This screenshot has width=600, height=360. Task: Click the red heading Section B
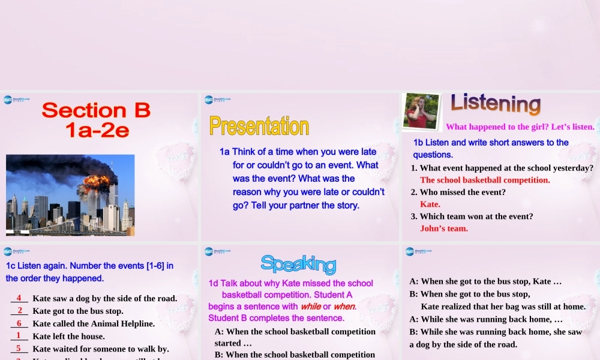(x=96, y=110)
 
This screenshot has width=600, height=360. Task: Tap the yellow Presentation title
(x=259, y=126)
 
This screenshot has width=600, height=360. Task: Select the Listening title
(x=496, y=103)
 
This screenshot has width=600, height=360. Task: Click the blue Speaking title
(x=298, y=263)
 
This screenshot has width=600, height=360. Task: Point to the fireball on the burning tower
(x=96, y=181)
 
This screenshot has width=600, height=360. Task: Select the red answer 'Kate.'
(x=430, y=204)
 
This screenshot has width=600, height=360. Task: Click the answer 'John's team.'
(x=444, y=228)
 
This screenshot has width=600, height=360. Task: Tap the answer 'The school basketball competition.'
(x=485, y=180)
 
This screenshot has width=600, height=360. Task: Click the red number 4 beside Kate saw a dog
(x=19, y=298)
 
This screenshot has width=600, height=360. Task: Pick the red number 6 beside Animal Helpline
(x=19, y=323)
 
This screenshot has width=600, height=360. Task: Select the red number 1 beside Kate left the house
(x=19, y=335)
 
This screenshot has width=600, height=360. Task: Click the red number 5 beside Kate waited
(x=19, y=348)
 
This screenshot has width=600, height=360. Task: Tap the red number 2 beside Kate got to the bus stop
(x=19, y=310)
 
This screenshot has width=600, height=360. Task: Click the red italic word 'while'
(x=310, y=306)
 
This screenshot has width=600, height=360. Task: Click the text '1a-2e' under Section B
(x=97, y=130)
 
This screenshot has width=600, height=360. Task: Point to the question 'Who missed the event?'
(x=462, y=192)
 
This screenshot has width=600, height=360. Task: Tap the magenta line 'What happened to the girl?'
(x=520, y=127)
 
